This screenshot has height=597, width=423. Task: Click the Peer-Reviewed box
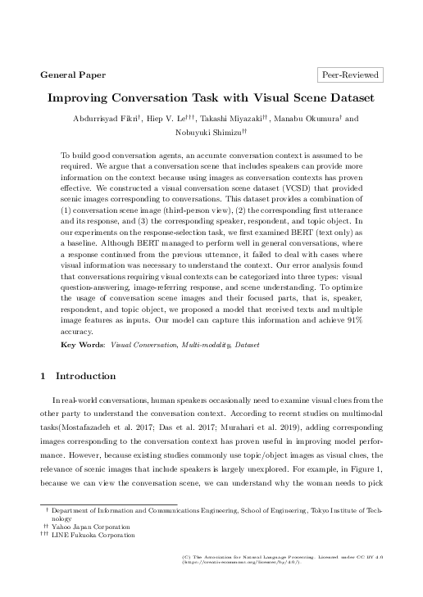click(x=350, y=75)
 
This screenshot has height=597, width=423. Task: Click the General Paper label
click(x=73, y=75)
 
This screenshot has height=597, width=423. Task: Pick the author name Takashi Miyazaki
click(x=234, y=120)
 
